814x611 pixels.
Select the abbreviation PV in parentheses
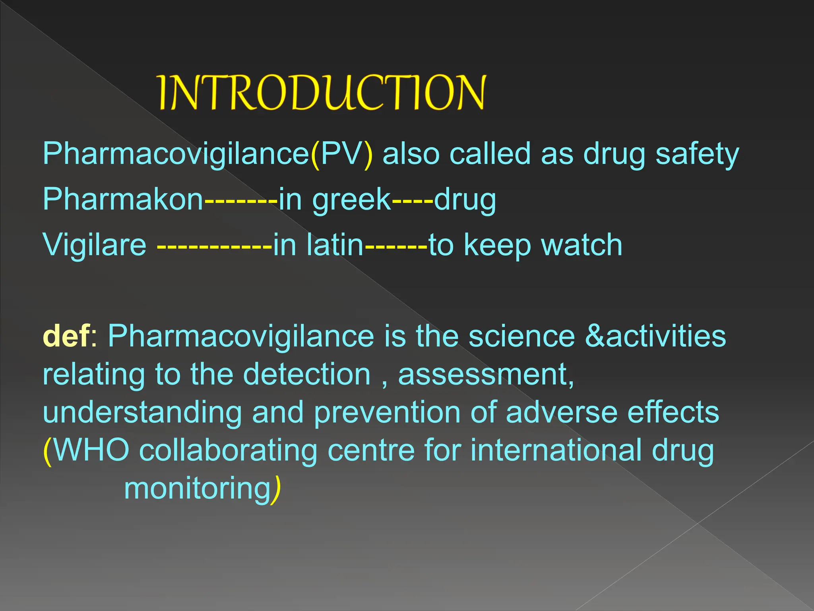pos(341,154)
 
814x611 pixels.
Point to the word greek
pos(351,200)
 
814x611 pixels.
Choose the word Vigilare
pos(95,245)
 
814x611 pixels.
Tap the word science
pos(521,336)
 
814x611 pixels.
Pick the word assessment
pos(485,375)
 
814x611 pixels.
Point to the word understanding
pos(142,413)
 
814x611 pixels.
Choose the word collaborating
pos(228,451)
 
